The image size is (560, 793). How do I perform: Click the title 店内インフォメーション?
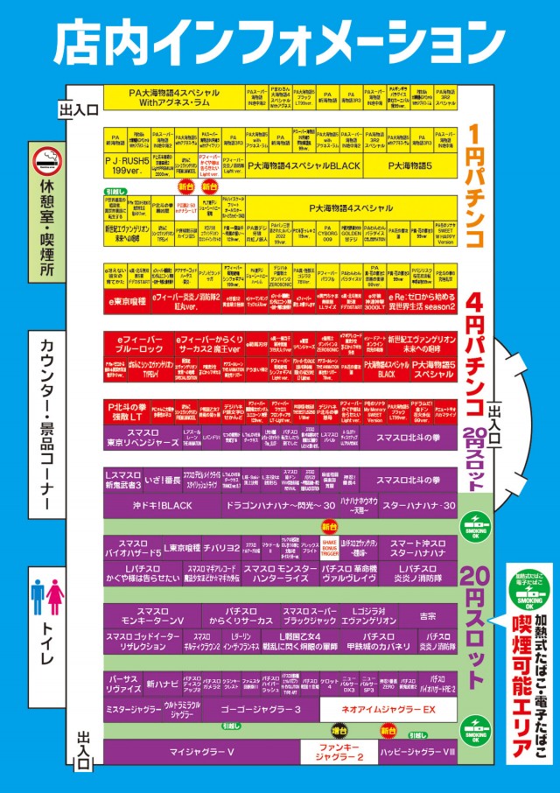click(x=280, y=39)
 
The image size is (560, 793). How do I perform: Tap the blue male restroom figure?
click(x=38, y=596)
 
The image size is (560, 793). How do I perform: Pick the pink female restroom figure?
click(x=55, y=596)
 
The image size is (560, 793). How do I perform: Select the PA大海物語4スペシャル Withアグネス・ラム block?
click(x=172, y=96)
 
